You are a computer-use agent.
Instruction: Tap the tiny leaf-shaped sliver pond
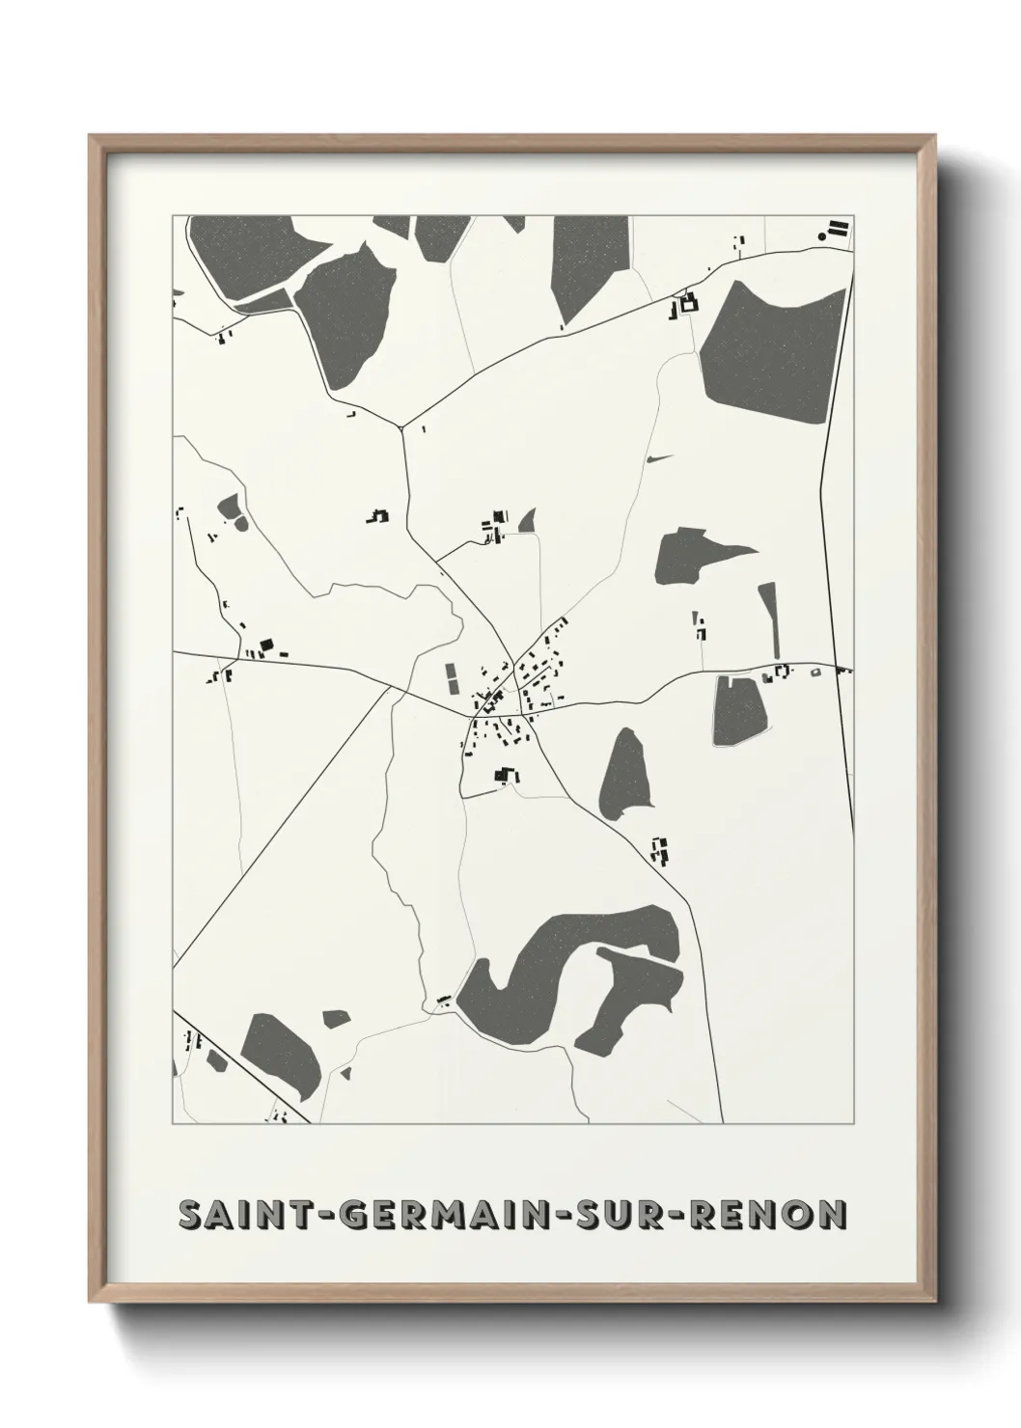659,458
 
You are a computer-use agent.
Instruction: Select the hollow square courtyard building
688,305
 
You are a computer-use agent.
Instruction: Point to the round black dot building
822,235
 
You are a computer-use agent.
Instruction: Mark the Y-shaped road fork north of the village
402,426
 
